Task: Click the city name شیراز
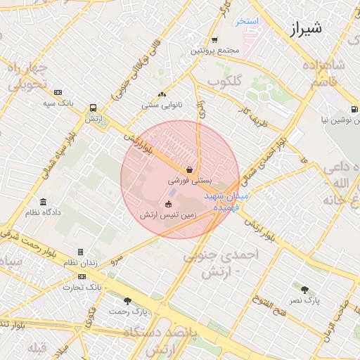click(x=304, y=29)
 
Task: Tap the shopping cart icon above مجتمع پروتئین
click(x=214, y=39)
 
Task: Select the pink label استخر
click(x=247, y=21)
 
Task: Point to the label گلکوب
click(x=226, y=82)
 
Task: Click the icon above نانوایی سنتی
click(x=162, y=94)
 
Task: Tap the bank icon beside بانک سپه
click(x=58, y=92)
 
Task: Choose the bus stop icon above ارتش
click(x=94, y=108)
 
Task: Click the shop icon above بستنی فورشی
click(x=190, y=169)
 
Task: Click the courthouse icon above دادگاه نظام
click(x=44, y=201)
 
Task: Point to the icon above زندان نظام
click(x=80, y=252)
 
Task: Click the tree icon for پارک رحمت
click(x=127, y=301)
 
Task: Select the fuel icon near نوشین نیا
click(x=354, y=109)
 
